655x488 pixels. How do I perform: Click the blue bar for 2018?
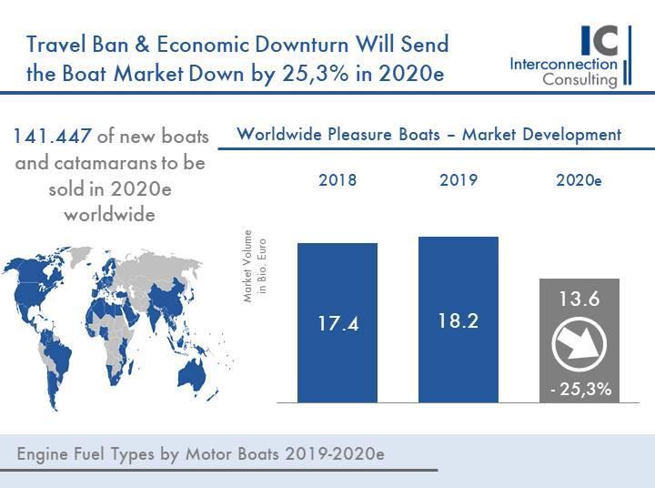tap(338, 273)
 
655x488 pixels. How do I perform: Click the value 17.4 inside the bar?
tap(338, 324)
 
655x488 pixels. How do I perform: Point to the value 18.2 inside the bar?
tap(458, 321)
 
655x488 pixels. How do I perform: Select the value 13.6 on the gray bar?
tap(579, 299)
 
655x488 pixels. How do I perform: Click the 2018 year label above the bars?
tap(338, 179)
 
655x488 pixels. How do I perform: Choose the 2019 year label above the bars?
tap(458, 179)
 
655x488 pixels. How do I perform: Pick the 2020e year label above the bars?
tap(579, 180)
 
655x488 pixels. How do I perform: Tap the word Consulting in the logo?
tap(579, 79)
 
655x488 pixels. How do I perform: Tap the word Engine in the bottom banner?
tap(45, 452)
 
